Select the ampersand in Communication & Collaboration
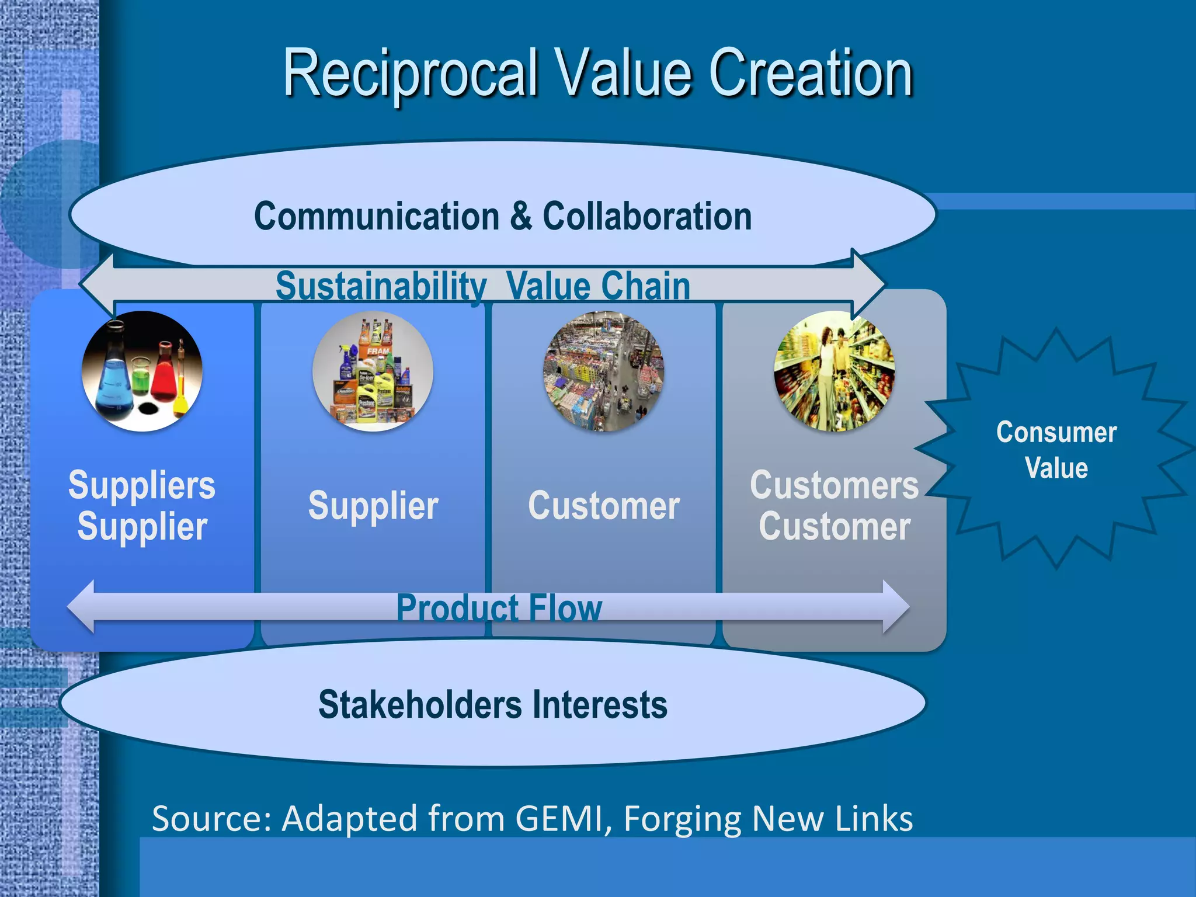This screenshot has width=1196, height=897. pyautogui.click(x=521, y=215)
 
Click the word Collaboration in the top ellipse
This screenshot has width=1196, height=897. pyautogui.click(x=647, y=216)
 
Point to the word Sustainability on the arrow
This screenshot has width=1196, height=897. pyautogui.click(x=381, y=286)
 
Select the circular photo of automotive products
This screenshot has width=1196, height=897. pyautogui.click(x=373, y=371)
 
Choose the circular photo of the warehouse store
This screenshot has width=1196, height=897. pyautogui.click(x=604, y=371)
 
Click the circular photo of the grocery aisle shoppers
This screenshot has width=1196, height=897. pyautogui.click(x=834, y=371)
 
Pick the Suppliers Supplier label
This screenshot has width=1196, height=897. pyautogui.click(x=142, y=506)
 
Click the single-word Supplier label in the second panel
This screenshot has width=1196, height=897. pyautogui.click(x=373, y=506)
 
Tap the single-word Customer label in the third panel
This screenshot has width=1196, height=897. pyautogui.click(x=604, y=506)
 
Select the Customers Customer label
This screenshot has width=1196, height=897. pyautogui.click(x=834, y=506)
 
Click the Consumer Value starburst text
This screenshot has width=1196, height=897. pyautogui.click(x=1056, y=450)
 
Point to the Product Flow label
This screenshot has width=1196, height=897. pyautogui.click(x=499, y=608)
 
